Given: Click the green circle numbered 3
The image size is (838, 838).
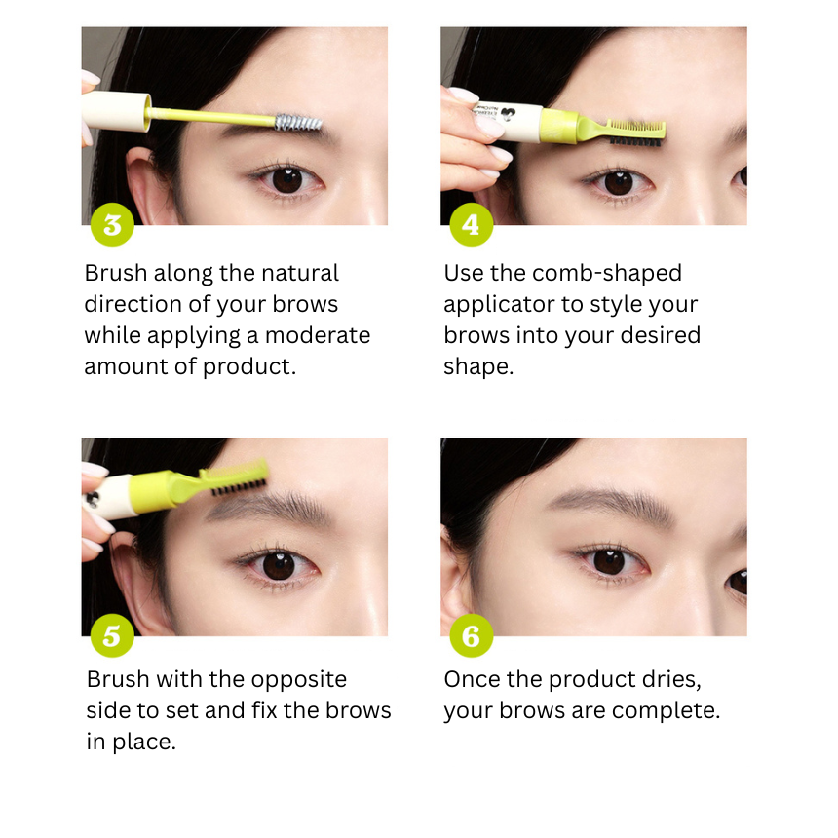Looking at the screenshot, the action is (112, 224).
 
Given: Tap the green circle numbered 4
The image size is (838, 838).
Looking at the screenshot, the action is (471, 224).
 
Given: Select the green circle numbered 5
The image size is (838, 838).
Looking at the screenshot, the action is (112, 635).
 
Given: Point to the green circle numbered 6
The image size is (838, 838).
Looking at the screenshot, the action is (471, 635).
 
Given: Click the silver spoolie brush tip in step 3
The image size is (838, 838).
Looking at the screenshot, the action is (298, 123).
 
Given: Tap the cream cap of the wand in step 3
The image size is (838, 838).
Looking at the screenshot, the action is (117, 111).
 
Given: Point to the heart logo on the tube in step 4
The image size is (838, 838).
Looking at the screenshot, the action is (508, 114).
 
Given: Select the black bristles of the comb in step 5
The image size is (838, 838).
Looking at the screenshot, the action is (239, 486).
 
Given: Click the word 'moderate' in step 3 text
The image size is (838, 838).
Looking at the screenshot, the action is (318, 335).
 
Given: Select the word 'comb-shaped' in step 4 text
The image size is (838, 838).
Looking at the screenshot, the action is (607, 273).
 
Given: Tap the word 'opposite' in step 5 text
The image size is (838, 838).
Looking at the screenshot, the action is (299, 680).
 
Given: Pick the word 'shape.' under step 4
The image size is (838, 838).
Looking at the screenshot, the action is (478, 367).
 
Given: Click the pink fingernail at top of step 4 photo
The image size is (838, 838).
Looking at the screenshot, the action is (464, 95).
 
